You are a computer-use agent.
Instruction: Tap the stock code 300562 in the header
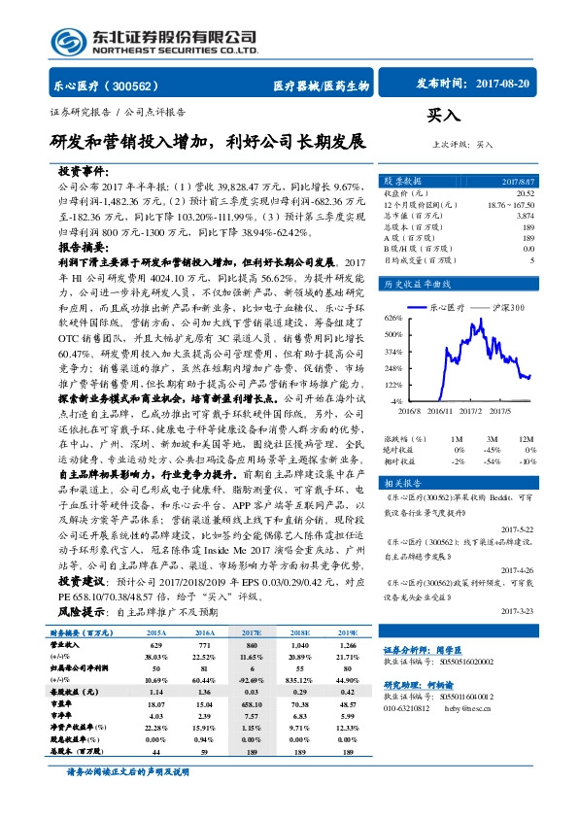140,85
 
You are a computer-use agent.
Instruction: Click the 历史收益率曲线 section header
419,285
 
